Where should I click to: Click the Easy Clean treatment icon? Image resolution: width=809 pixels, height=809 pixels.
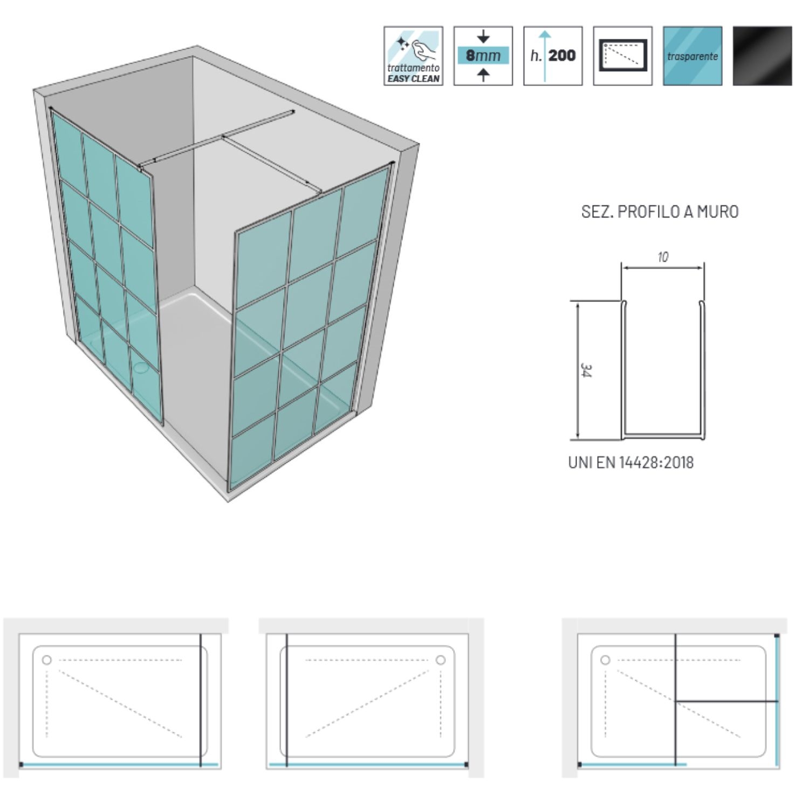coord(413,56)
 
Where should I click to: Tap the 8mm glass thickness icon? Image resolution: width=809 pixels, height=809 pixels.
coord(483,56)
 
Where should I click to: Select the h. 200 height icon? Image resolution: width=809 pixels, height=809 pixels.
coord(553,56)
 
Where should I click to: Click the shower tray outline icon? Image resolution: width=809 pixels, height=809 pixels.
coord(622,56)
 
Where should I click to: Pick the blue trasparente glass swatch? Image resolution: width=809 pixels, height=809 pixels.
coord(693,56)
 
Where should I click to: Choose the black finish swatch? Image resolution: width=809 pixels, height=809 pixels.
coord(762,56)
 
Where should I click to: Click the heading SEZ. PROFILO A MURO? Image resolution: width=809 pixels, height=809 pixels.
coord(660,211)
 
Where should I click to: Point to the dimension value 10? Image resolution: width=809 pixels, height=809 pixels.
coord(663,257)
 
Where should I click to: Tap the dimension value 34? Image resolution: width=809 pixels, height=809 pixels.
coord(586,371)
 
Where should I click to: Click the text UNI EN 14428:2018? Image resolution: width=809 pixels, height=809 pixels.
coord(631,463)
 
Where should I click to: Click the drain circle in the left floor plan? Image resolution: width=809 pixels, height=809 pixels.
coord(47,660)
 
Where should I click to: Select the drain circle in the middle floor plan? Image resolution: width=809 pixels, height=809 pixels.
coord(441,660)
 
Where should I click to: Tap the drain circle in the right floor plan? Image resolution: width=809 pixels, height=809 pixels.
coord(605,660)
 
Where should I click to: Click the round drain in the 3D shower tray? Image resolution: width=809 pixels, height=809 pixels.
coord(142,368)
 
